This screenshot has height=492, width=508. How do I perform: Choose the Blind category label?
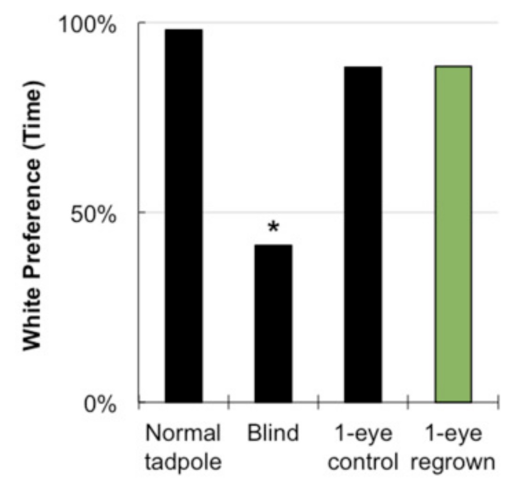tap(273, 433)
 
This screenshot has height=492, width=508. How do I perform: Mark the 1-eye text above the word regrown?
tap(452, 433)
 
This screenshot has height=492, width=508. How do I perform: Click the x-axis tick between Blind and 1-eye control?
tap(318, 403)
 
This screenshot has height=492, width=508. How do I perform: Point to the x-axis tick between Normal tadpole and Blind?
tap(229, 403)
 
